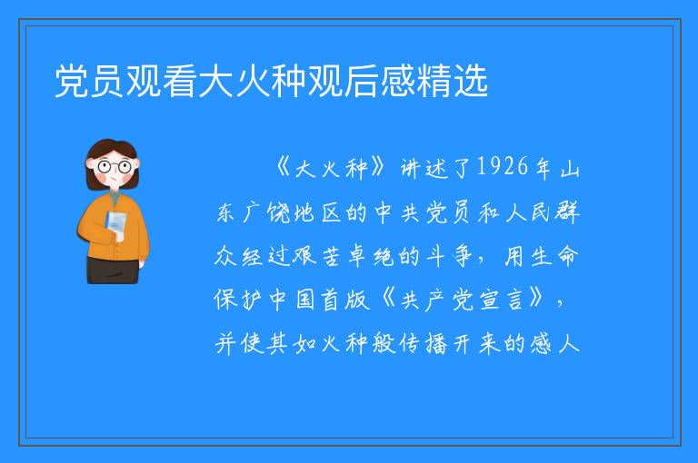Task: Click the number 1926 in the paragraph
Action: coord(503,167)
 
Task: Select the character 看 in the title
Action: coord(180,81)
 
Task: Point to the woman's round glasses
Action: coord(115,167)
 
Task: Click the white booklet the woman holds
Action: coord(116,225)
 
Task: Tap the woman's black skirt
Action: coord(113,270)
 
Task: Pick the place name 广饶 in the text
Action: coord(266,212)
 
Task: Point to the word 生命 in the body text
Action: coord(554,256)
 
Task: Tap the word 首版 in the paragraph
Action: coord(346,300)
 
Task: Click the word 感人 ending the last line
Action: coord(554,344)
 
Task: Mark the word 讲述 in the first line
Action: coord(424,168)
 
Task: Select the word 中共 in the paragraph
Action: coord(397,212)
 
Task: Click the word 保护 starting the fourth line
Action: coord(239,300)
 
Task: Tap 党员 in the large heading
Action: coord(89,81)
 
